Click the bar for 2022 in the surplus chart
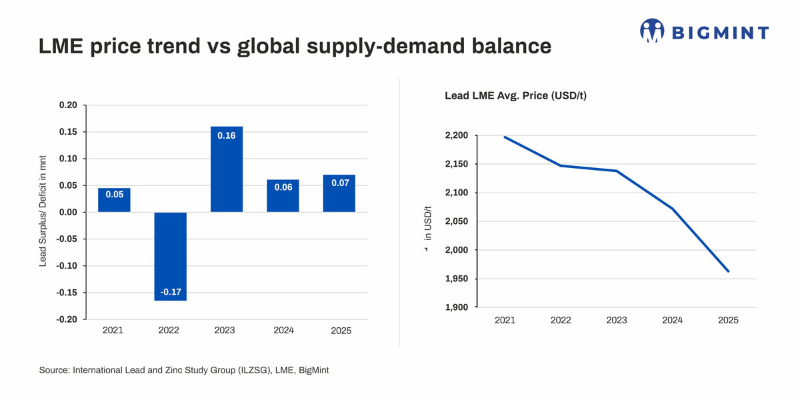(171, 257)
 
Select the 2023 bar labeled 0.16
(227, 169)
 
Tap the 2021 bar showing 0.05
(114, 200)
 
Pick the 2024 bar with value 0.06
(283, 196)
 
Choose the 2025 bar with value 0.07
(339, 193)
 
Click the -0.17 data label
(171, 292)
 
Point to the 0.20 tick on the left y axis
(68, 105)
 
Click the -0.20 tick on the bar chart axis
(67, 319)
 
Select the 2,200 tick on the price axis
(457, 135)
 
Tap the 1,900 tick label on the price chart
(457, 307)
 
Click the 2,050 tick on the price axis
(457, 221)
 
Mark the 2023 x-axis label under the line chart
(617, 320)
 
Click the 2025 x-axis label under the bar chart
(341, 331)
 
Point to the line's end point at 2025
(728, 271)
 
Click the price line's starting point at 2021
(505, 137)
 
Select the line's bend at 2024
(673, 209)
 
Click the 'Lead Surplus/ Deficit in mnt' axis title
(43, 211)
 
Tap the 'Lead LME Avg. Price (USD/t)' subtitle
(516, 96)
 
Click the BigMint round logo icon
(652, 31)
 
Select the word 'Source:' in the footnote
(54, 370)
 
